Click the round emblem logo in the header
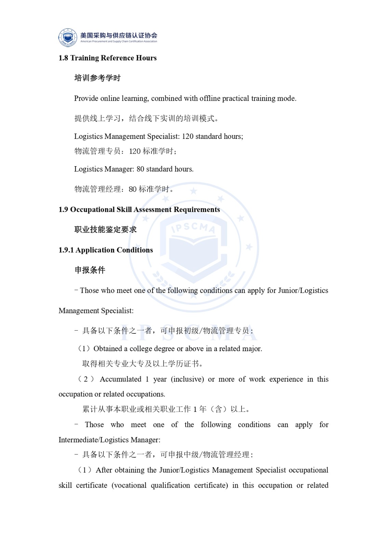[x=68, y=38]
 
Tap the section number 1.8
[x=63, y=58]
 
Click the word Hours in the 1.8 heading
[x=146, y=58]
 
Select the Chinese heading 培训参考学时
[x=97, y=78]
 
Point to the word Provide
[x=86, y=99]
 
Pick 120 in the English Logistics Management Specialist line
[x=188, y=136]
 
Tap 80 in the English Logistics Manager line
[x=140, y=169]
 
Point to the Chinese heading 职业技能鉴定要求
[x=105, y=230]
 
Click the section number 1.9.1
[x=66, y=250]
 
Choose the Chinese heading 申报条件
[x=90, y=270]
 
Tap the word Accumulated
[x=120, y=379]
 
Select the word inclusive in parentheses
[x=187, y=379]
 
